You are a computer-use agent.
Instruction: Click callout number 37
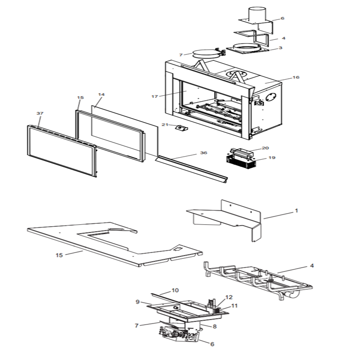pos(40,113)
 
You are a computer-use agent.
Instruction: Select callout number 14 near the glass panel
pos(101,94)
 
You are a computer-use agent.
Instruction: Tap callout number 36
pos(203,153)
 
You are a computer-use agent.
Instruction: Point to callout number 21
pos(165,125)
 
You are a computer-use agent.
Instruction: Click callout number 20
pos(265,148)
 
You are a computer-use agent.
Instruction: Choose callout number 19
pos(272,158)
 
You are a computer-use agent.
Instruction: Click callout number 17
pos(155,97)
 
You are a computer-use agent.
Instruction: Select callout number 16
pos(296,78)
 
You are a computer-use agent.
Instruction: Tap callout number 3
pos(281,48)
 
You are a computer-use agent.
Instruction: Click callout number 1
pos(296,211)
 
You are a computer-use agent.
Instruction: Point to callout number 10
pos(175,290)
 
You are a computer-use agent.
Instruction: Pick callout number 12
pos(229,297)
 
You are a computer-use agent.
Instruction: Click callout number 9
pos(138,302)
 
